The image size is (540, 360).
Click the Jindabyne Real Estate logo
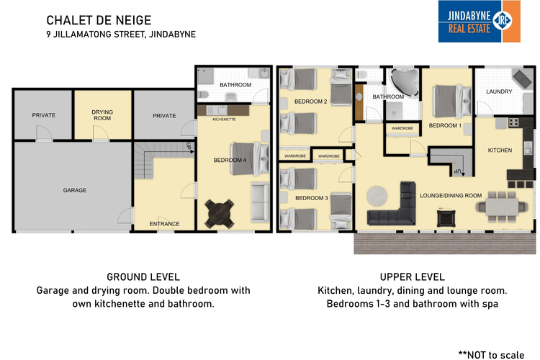pyautogui.click(x=479, y=22)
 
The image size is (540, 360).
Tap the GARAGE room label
pyautogui.click(x=75, y=190)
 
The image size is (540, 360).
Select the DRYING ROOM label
pyautogui.click(x=102, y=115)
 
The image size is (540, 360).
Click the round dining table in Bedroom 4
pyautogui.click(x=220, y=214)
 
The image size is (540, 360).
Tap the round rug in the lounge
pyautogui.click(x=377, y=196)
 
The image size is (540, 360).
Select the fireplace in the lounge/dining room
pyautogui.click(x=446, y=218)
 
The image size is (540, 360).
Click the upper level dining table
pyautogui.click(x=502, y=207)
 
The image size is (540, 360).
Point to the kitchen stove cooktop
pyautogui.click(x=514, y=122)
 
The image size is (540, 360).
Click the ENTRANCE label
pyautogui.click(x=164, y=224)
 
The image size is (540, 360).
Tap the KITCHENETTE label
pyautogui.click(x=224, y=120)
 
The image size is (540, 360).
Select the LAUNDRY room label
pyautogui.click(x=499, y=91)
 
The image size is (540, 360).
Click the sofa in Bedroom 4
pyautogui.click(x=260, y=202)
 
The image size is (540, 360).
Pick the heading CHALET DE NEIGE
pyautogui.click(x=99, y=20)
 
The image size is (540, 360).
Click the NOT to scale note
pyautogui.click(x=491, y=355)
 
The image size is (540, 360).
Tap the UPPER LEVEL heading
pyautogui.click(x=413, y=277)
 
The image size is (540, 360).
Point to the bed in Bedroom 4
pyautogui.click(x=250, y=158)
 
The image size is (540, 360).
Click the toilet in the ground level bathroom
pyautogui.click(x=203, y=94)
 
